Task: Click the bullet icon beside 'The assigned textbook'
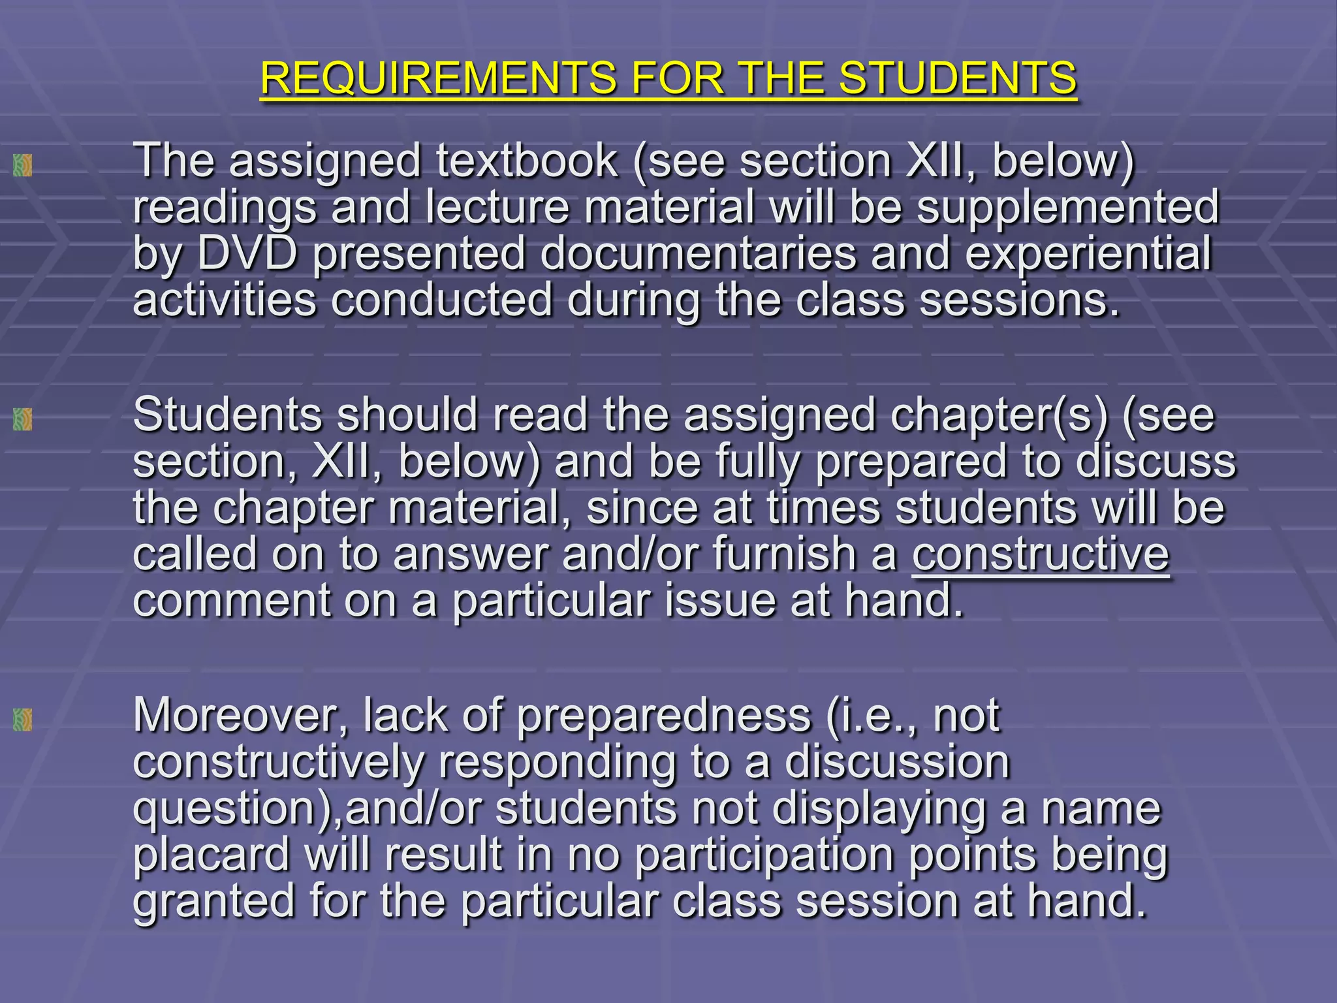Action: (23, 165)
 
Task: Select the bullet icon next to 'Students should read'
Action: (23, 419)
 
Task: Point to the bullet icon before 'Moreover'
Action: (23, 720)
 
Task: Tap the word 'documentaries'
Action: (698, 253)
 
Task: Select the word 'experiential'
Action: (1088, 253)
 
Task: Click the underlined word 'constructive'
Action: (1040, 554)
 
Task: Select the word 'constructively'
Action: (278, 763)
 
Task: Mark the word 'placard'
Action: (212, 855)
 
